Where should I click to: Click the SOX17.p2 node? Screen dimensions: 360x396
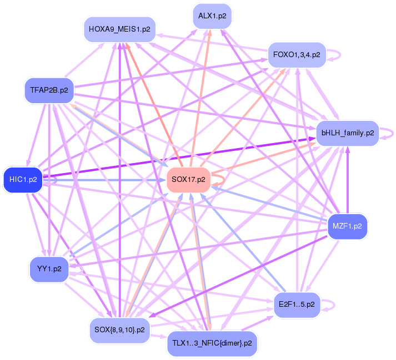(188, 179)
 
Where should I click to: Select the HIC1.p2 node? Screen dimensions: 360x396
(23, 180)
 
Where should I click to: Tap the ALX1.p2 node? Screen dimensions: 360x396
(212, 16)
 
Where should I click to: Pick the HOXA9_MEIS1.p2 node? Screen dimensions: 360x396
(119, 29)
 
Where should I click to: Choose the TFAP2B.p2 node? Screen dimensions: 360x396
(48, 90)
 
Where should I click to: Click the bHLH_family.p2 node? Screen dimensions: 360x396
(348, 133)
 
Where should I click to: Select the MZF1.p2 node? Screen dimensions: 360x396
(347, 226)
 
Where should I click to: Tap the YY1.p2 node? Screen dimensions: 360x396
(48, 269)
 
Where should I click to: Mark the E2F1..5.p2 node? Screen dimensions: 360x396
(297, 305)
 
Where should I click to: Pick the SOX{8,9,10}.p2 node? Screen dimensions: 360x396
(119, 329)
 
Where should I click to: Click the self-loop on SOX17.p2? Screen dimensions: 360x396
(220, 179)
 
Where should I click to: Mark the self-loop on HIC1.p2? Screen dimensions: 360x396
(52, 180)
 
